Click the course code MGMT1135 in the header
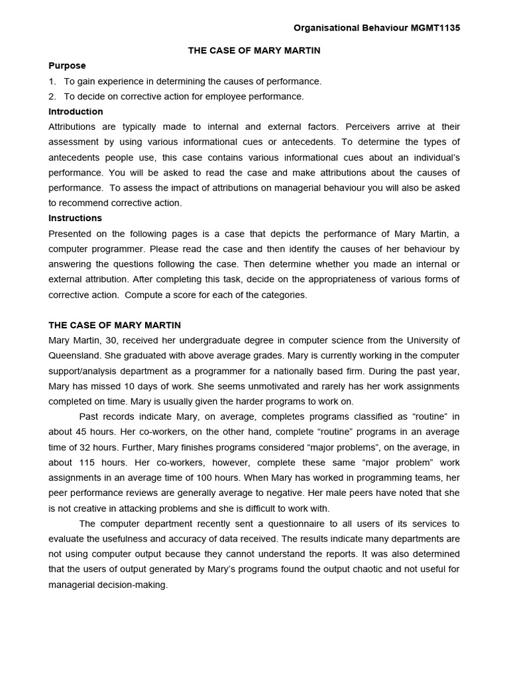tap(433, 28)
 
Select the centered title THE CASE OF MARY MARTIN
tap(254, 50)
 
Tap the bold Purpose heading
tap(67, 66)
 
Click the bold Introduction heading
tap(76, 111)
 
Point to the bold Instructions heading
tap(75, 218)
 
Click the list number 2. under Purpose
tap(52, 96)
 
